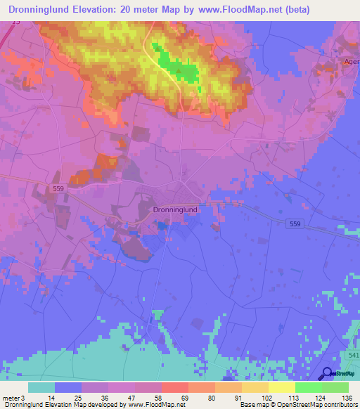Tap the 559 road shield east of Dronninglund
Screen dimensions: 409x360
pos(296,223)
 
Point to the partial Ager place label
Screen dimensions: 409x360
pos(351,61)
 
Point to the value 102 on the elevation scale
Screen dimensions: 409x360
pos(266,398)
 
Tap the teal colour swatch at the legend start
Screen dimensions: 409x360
pos(41,387)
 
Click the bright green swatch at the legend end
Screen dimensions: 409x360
pos(335,387)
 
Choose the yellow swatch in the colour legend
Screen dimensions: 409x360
pos(282,387)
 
